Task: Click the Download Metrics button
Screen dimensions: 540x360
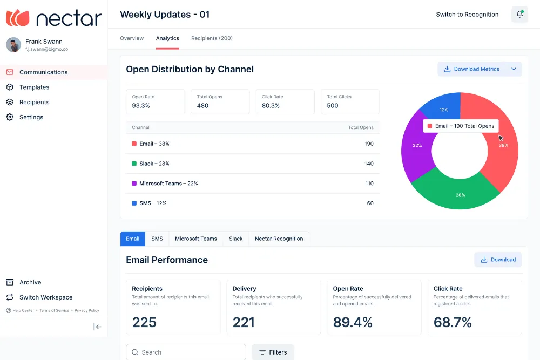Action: click(x=471, y=69)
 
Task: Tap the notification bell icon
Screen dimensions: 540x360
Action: click(x=519, y=14)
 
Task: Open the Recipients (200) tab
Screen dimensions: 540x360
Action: click(x=212, y=38)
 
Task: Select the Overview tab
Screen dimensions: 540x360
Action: click(x=132, y=38)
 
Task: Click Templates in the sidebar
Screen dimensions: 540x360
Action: click(x=34, y=87)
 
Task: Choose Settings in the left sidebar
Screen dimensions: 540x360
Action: click(x=31, y=117)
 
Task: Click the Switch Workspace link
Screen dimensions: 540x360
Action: click(x=46, y=297)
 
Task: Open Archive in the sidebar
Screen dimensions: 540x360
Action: click(x=30, y=282)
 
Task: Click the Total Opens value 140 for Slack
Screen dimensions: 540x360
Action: click(x=369, y=164)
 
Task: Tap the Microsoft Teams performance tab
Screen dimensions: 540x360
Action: click(x=196, y=239)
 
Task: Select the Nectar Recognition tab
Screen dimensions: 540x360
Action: click(x=279, y=239)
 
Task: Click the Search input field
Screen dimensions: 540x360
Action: click(x=186, y=352)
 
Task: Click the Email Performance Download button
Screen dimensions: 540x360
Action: click(x=498, y=260)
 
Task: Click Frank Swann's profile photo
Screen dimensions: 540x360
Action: click(x=13, y=45)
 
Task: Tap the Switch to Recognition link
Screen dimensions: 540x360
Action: click(x=467, y=15)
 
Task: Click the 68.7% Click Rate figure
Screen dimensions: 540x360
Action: click(x=453, y=322)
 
